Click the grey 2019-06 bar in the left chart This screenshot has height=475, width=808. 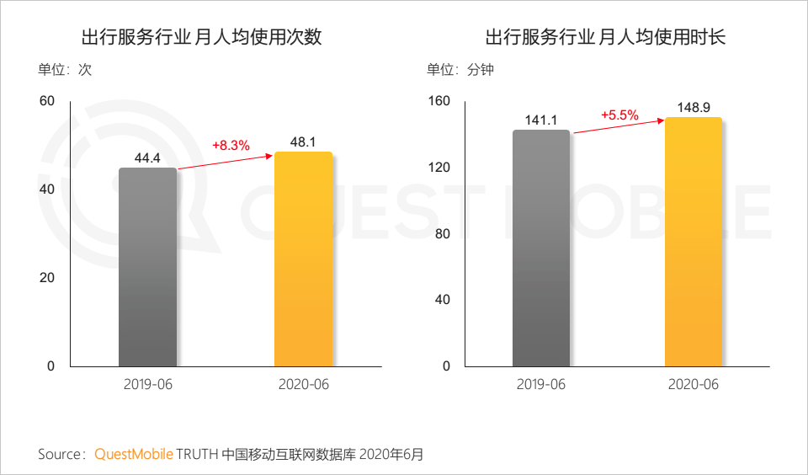coord(147,267)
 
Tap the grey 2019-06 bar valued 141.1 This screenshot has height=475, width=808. coord(540,248)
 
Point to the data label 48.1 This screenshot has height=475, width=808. coord(303,142)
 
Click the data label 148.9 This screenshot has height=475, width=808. coord(694,108)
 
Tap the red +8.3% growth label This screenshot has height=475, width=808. coord(231,145)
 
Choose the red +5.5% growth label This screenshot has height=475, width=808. coord(620,115)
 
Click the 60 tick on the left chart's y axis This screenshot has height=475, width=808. coord(47,102)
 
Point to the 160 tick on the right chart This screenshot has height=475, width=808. coord(440,102)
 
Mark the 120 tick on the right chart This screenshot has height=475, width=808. coord(440,168)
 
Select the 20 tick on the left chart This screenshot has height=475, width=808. coord(47,278)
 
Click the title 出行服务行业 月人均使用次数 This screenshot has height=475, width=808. coord(201,38)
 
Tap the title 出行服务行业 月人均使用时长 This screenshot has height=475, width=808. coord(605,38)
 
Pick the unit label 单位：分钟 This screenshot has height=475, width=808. coord(460,70)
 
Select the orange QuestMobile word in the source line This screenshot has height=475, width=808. coord(134,455)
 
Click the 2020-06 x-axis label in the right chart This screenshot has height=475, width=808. coord(694,385)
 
